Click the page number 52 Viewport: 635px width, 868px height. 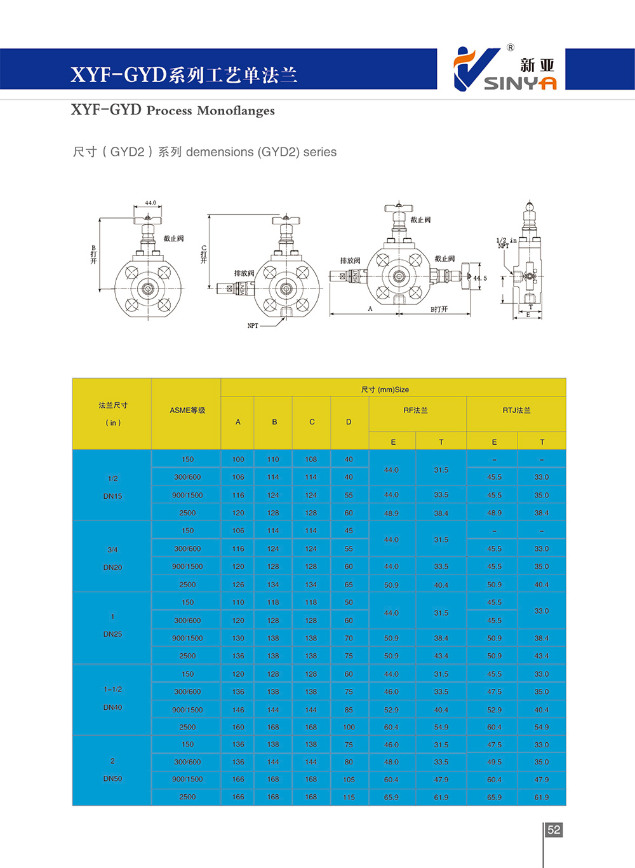click(x=554, y=830)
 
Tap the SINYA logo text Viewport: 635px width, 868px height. click(x=520, y=83)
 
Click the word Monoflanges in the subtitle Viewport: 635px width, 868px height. click(x=236, y=111)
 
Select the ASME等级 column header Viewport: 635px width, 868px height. click(x=187, y=410)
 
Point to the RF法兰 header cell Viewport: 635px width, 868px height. click(x=416, y=410)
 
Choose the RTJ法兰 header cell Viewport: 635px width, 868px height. click(x=516, y=410)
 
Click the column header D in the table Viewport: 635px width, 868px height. click(x=349, y=422)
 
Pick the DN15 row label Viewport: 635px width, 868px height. click(x=112, y=496)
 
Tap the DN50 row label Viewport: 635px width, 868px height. click(x=112, y=778)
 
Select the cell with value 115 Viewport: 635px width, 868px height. click(x=349, y=797)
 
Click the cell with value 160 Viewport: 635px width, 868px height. click(x=238, y=727)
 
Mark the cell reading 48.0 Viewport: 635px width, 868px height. click(x=391, y=762)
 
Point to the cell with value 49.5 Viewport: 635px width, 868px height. click(x=494, y=762)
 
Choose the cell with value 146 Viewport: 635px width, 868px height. click(x=238, y=710)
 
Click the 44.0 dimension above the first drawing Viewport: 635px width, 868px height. click(x=150, y=203)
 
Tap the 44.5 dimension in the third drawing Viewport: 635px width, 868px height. click(x=480, y=278)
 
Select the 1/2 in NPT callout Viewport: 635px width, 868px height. click(x=505, y=243)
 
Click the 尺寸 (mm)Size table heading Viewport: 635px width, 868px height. click(x=385, y=390)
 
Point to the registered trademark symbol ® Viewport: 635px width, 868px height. click(x=511, y=48)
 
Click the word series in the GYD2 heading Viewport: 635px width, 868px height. click(x=319, y=152)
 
